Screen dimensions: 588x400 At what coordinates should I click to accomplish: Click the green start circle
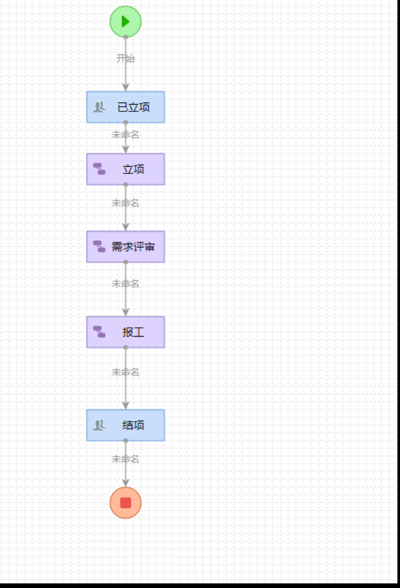click(x=126, y=22)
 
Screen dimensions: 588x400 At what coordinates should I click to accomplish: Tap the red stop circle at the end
click(x=126, y=502)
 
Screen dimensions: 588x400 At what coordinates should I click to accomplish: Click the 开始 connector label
click(x=126, y=58)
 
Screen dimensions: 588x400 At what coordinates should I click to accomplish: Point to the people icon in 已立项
click(x=99, y=107)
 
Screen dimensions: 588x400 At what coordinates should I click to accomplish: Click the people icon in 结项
click(x=99, y=425)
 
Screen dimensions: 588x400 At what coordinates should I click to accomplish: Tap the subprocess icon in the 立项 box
click(x=99, y=169)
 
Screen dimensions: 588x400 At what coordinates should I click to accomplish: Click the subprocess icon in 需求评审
click(x=99, y=247)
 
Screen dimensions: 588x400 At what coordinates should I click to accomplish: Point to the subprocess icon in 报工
click(x=99, y=332)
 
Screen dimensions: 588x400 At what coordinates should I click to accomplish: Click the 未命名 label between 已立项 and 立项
click(x=126, y=135)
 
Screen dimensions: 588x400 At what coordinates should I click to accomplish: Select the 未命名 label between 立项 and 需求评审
click(x=126, y=203)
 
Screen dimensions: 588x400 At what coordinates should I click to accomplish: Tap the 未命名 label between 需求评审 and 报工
click(x=126, y=284)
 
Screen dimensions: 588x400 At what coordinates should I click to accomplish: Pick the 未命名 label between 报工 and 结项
click(x=126, y=372)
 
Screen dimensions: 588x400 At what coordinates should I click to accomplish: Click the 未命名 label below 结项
click(x=126, y=459)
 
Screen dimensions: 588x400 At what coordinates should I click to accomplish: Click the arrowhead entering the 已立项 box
click(x=126, y=87)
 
